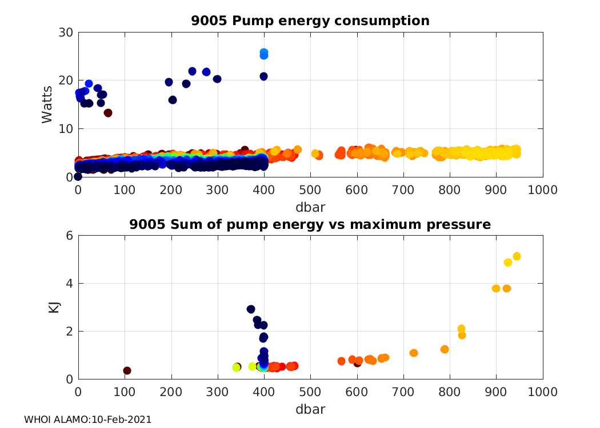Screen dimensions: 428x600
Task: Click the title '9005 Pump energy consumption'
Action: click(x=310, y=21)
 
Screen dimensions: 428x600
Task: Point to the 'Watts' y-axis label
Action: click(x=48, y=104)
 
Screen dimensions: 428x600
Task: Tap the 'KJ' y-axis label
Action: click(x=54, y=308)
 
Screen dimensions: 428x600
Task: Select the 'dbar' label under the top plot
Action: click(x=310, y=205)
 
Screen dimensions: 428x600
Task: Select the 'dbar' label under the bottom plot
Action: click(x=310, y=409)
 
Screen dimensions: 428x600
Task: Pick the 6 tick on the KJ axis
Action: click(x=69, y=236)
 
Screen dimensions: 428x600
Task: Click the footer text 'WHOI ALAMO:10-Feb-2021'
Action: click(x=88, y=419)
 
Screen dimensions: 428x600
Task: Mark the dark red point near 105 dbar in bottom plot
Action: click(x=127, y=370)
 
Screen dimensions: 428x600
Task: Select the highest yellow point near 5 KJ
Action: click(x=517, y=256)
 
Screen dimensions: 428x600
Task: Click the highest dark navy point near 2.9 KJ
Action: click(x=251, y=309)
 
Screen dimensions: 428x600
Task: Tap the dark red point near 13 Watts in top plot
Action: click(x=108, y=112)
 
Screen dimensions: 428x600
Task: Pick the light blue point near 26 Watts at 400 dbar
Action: click(x=264, y=53)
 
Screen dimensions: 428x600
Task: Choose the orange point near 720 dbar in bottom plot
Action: click(x=414, y=353)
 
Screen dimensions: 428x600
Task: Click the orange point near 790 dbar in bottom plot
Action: click(x=445, y=349)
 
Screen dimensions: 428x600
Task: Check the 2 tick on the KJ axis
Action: click(x=69, y=331)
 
